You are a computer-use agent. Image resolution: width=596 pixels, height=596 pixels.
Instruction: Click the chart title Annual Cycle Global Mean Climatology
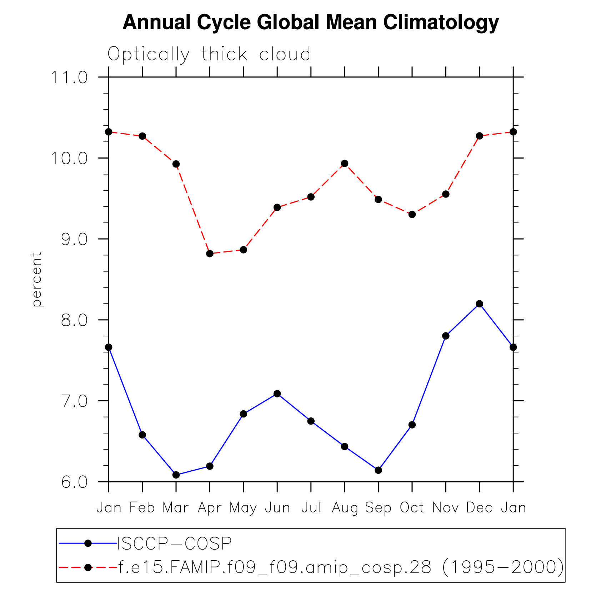tap(310, 22)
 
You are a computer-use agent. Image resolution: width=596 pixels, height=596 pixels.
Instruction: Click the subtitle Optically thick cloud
tap(209, 54)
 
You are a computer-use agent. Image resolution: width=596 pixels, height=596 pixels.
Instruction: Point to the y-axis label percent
tap(36, 279)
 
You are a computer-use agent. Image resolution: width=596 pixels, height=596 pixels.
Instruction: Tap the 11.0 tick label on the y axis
tap(70, 77)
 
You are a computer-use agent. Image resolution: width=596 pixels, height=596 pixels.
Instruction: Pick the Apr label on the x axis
tap(210, 507)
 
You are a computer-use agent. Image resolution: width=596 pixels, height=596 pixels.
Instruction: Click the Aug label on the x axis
tap(345, 507)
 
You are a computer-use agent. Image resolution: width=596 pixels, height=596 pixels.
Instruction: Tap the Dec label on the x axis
tap(479, 507)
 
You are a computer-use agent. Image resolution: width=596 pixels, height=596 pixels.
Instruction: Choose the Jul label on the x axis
tap(311, 507)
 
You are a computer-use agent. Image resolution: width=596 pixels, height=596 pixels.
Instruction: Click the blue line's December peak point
tap(479, 304)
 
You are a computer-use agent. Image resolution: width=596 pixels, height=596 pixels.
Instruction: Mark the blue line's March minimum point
tap(176, 475)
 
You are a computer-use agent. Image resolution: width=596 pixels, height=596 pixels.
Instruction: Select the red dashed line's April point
tap(210, 254)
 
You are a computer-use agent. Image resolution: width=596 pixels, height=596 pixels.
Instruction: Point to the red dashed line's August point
tap(345, 164)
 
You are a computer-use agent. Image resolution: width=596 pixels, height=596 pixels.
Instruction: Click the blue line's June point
tap(277, 394)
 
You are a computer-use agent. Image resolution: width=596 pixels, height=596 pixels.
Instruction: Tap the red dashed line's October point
tap(412, 214)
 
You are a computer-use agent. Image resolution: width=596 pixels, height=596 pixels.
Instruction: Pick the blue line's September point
tap(378, 470)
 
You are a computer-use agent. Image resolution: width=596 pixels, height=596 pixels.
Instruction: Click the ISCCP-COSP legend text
tap(175, 544)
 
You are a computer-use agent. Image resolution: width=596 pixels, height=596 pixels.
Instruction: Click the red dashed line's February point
tap(142, 136)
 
